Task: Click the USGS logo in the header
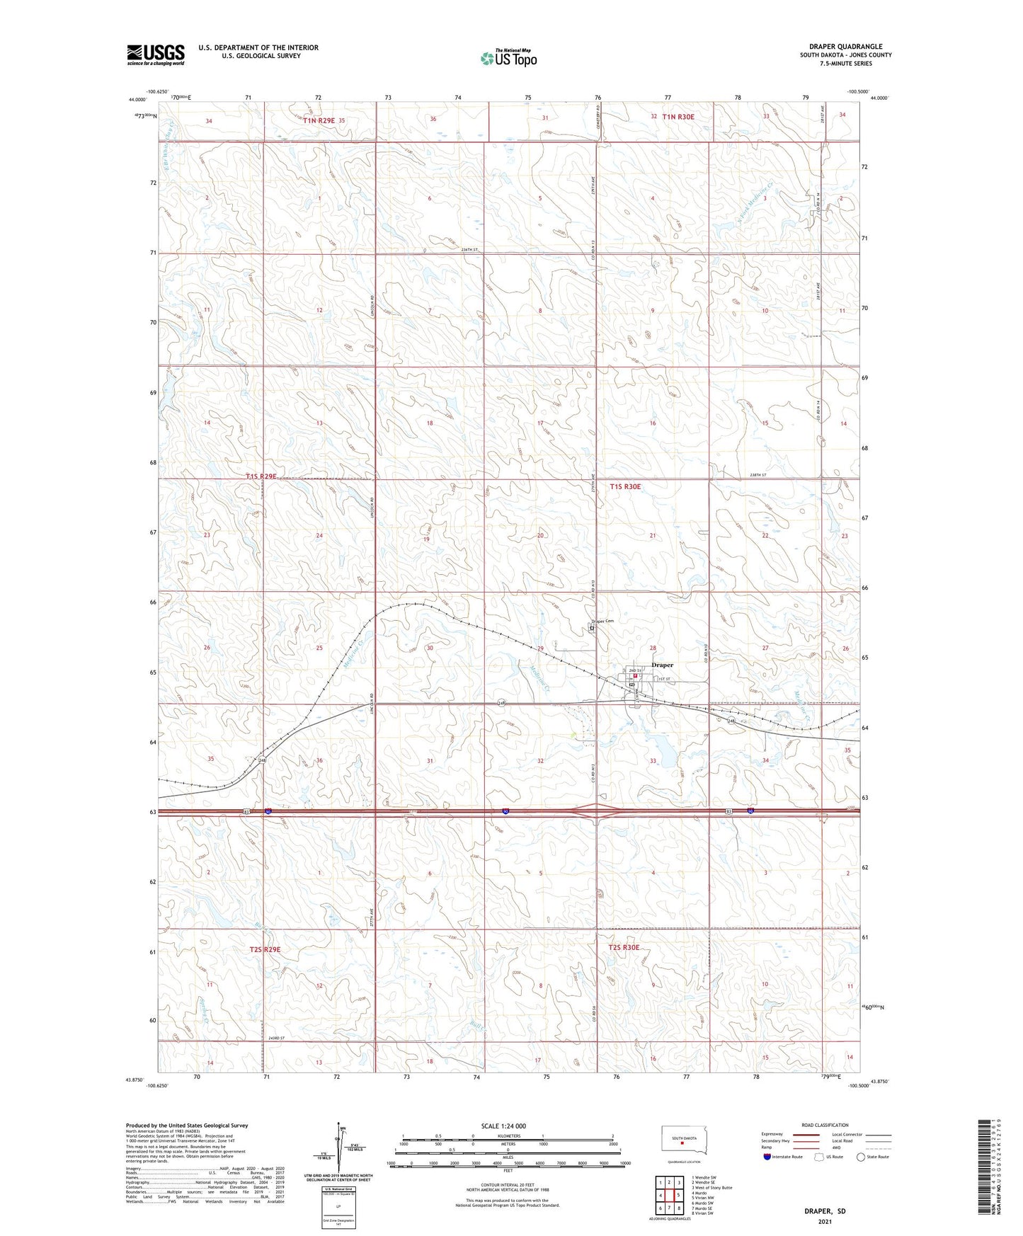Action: pyautogui.click(x=156, y=55)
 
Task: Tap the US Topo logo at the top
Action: pyautogui.click(x=508, y=57)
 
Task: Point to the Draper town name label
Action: pyautogui.click(x=662, y=665)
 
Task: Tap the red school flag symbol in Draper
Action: pyautogui.click(x=636, y=676)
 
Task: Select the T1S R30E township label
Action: pyautogui.click(x=625, y=486)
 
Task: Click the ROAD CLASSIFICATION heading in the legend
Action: pyautogui.click(x=825, y=1125)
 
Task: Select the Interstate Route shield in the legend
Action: pyautogui.click(x=767, y=1157)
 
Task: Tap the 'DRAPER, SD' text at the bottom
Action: pyautogui.click(x=825, y=1211)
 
